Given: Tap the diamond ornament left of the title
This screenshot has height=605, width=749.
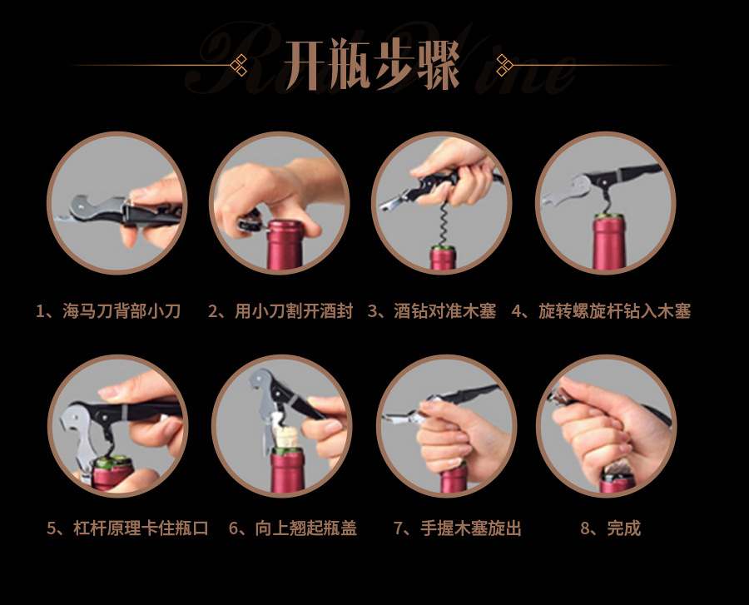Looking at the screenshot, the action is tap(239, 65).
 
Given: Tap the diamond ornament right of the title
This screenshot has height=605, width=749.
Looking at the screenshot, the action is tap(503, 65).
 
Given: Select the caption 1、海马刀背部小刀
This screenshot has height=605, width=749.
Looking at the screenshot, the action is tap(108, 311).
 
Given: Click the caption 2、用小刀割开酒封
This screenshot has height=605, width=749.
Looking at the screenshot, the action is tap(280, 311).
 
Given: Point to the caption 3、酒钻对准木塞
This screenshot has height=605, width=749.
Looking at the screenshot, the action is tap(432, 311).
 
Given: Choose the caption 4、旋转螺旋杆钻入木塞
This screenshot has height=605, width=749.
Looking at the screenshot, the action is tap(602, 311).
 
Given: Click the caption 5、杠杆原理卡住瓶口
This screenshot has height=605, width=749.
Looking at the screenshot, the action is tap(127, 528).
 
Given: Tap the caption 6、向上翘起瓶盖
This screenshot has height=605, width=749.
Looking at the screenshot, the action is tap(293, 528).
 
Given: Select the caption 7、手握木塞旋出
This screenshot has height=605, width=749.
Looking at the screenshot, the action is tap(458, 528).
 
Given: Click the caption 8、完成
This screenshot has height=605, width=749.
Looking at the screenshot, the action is tap(611, 528).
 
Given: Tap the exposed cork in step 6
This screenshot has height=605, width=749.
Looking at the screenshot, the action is tap(285, 436).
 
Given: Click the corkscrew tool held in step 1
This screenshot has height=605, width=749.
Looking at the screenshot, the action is tap(119, 210).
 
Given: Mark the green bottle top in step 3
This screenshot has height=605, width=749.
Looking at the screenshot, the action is tap(443, 248).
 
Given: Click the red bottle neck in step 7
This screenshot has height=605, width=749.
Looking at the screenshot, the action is tap(454, 479).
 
